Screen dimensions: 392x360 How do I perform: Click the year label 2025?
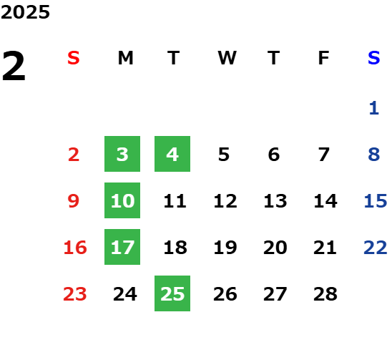[25, 12]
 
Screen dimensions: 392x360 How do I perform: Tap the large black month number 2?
[14, 66]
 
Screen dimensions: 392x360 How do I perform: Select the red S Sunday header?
[74, 58]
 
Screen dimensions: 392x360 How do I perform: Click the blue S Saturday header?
[373, 58]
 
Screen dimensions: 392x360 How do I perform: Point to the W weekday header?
[227, 58]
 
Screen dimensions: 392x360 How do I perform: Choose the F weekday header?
[323, 58]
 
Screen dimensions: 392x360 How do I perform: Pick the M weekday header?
[125, 58]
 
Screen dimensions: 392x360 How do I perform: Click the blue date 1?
[373, 108]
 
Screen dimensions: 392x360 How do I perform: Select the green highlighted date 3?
[122, 154]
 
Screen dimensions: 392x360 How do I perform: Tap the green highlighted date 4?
[172, 154]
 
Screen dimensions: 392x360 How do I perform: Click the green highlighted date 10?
[122, 200]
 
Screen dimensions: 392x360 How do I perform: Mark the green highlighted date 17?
[122, 247]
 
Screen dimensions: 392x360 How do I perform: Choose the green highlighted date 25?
[172, 293]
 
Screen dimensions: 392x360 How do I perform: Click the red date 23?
[75, 294]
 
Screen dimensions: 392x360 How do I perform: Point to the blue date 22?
[376, 248]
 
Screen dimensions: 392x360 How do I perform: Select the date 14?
[325, 201]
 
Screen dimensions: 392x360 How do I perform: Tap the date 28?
[325, 294]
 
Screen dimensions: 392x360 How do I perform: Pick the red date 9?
[74, 201]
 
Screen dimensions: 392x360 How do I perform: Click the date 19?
[225, 248]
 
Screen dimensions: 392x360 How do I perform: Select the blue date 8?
[374, 155]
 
